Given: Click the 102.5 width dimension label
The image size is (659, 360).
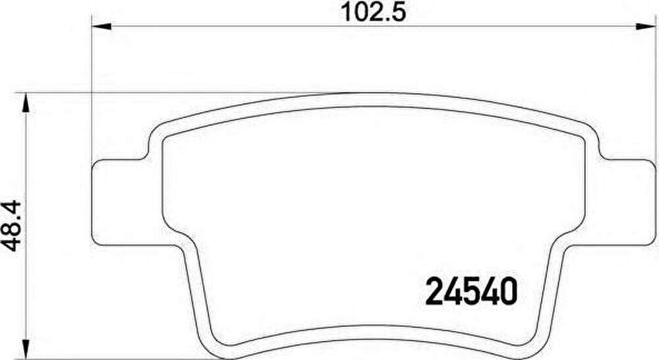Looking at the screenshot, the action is coord(373,13).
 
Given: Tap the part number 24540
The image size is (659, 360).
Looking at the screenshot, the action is coord(471,291).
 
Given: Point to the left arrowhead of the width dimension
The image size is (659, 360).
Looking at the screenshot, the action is coord(101,26).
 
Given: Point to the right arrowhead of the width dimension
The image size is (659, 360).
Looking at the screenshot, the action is coord(646,26).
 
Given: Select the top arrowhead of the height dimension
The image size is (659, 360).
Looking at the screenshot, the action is coord(26,103).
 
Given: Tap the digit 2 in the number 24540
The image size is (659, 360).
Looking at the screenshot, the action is coord(434,291).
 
